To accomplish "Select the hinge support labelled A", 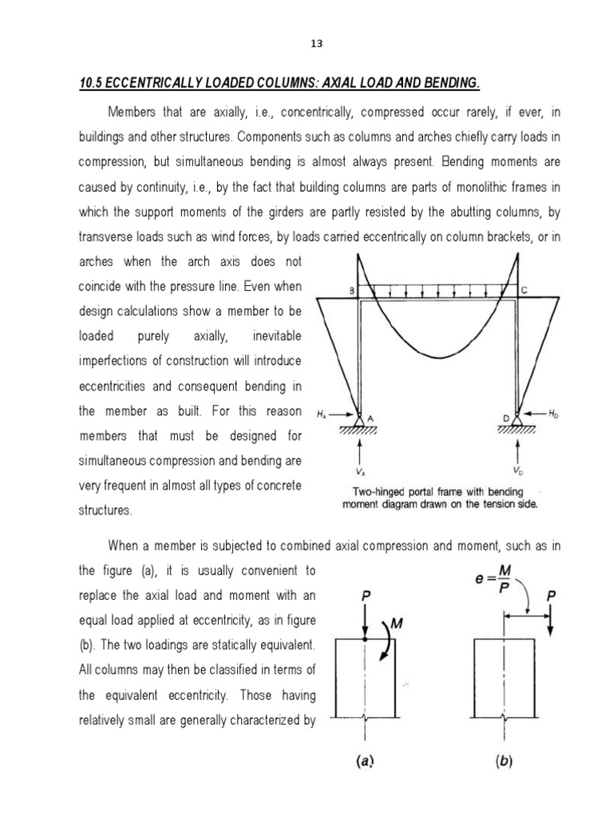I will point(360,417).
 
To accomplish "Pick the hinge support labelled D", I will point(517,417).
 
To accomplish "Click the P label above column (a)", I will point(365,595).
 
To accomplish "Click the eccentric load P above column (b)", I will point(552,595).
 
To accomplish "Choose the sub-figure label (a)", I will point(366,762).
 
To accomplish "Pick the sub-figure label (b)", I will point(501,762).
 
